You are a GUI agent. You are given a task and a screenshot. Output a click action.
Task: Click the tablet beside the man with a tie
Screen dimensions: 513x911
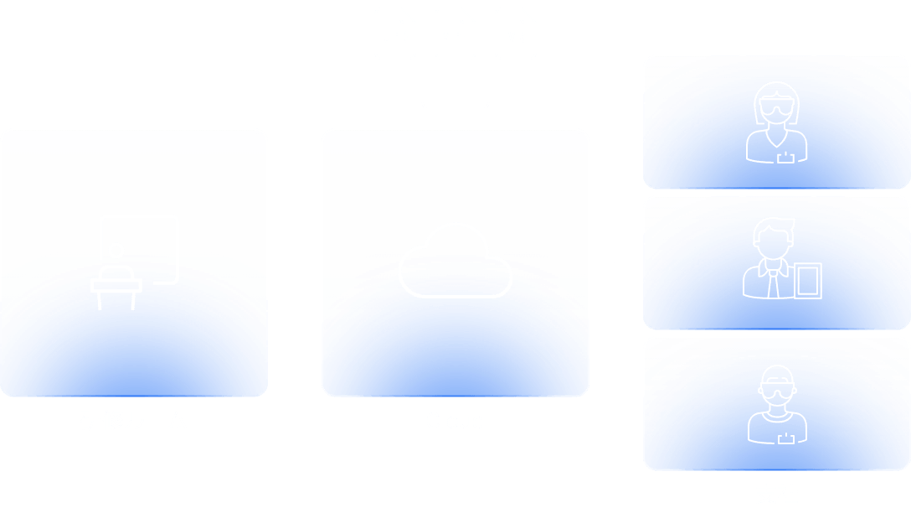pyautogui.click(x=808, y=280)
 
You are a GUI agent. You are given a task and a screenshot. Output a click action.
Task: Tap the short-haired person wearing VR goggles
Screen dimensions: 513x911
pyautogui.click(x=776, y=403)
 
